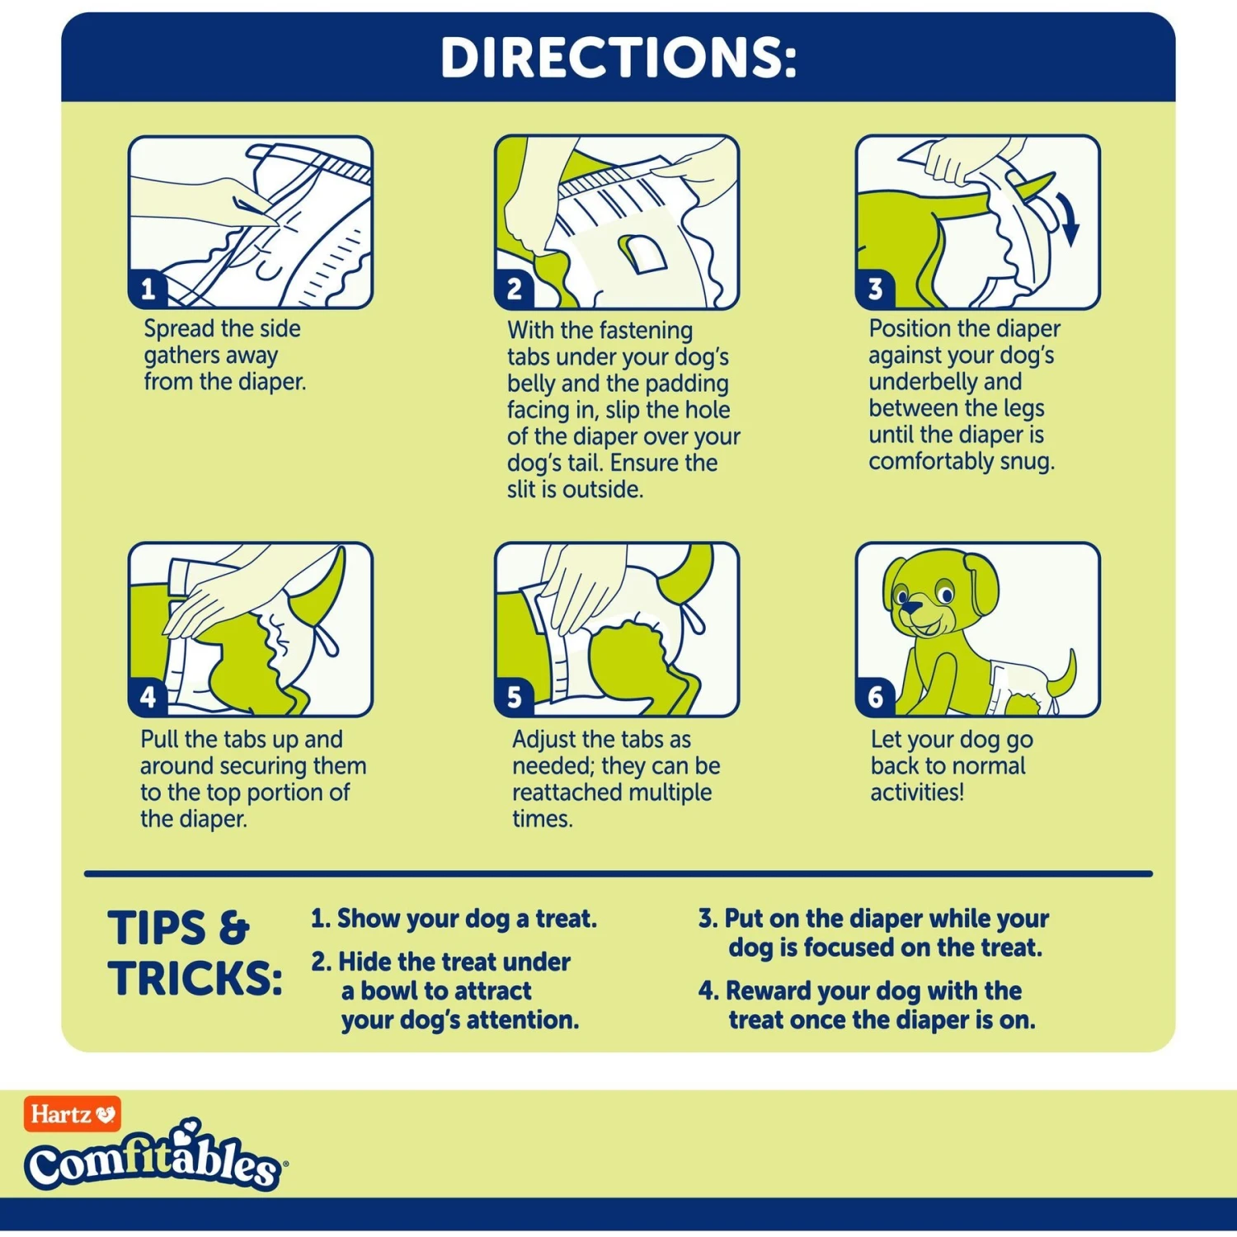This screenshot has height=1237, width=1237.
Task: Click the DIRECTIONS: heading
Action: point(618,58)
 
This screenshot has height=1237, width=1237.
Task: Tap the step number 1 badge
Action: point(148,289)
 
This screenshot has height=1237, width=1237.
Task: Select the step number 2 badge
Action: point(514,289)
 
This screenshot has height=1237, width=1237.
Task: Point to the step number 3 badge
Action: point(875,289)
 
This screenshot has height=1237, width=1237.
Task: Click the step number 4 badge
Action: point(148,698)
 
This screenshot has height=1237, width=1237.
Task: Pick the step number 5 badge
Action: point(514,698)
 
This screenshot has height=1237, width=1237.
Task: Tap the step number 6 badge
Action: point(875,698)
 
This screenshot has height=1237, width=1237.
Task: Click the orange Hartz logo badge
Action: point(73,1114)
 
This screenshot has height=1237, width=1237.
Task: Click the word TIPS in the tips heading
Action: point(157,929)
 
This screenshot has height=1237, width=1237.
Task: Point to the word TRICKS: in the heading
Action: point(195,979)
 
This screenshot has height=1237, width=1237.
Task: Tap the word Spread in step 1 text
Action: point(179,329)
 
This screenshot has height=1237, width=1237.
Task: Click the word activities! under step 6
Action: point(917,793)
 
